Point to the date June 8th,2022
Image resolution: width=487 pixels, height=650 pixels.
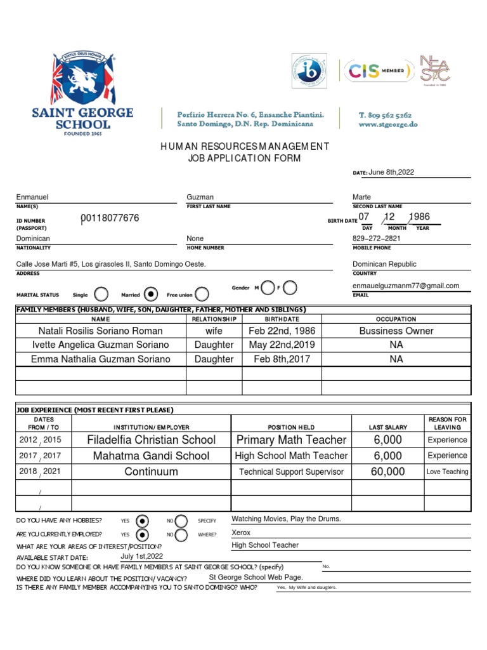click(x=392, y=172)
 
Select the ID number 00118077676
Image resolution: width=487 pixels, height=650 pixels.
click(x=110, y=218)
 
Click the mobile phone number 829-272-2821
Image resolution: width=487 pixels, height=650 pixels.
click(x=377, y=239)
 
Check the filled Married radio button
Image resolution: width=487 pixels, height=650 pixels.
click(x=150, y=294)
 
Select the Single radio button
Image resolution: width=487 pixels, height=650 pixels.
click(x=100, y=294)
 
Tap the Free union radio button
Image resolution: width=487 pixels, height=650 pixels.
click(x=202, y=294)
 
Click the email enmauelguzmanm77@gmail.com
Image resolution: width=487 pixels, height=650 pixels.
click(x=406, y=286)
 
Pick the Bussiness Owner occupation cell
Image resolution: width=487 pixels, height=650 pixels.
click(x=396, y=331)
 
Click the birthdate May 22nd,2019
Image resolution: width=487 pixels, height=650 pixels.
click(x=282, y=345)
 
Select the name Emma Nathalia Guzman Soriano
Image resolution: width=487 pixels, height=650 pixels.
click(x=101, y=359)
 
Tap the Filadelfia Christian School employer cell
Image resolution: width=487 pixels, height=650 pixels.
click(x=151, y=440)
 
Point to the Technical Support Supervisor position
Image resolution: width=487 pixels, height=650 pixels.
click(x=291, y=472)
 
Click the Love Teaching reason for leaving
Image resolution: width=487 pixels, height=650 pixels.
click(x=447, y=472)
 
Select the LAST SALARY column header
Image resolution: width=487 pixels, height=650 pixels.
click(x=387, y=427)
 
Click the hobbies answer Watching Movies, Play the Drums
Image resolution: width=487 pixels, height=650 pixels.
click(x=287, y=519)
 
